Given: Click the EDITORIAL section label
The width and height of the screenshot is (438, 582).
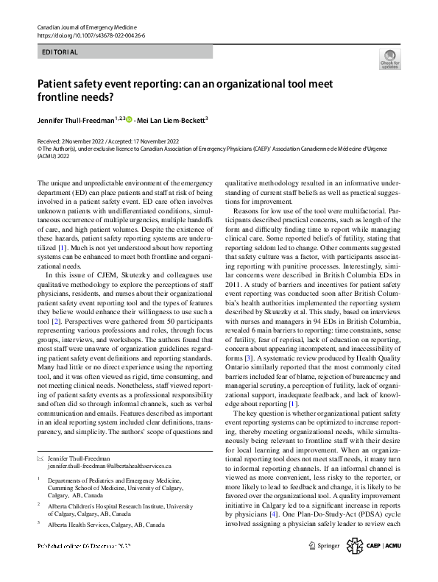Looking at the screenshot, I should click(59, 52).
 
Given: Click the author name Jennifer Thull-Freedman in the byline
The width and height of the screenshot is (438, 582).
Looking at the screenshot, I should click(76, 120).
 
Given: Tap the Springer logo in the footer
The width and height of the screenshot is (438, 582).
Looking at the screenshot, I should click(324, 546).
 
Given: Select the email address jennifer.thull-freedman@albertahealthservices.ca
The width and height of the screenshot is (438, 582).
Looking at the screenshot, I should click(109, 466).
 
